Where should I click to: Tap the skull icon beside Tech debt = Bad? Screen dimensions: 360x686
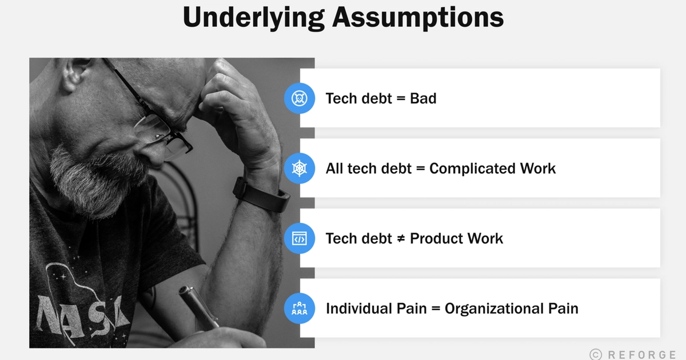tap(298, 98)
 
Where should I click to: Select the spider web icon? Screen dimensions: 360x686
tap(298, 168)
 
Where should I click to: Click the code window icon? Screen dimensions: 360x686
tap(298, 238)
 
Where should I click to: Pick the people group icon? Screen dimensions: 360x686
tap(298, 309)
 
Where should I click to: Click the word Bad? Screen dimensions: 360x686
tap(423, 98)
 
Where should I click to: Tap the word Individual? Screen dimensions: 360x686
tap(360, 309)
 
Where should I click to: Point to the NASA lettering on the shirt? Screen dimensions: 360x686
tap(83, 311)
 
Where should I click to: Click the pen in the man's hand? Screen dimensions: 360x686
tap(197, 309)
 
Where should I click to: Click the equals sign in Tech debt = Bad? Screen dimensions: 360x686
tap(401, 99)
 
